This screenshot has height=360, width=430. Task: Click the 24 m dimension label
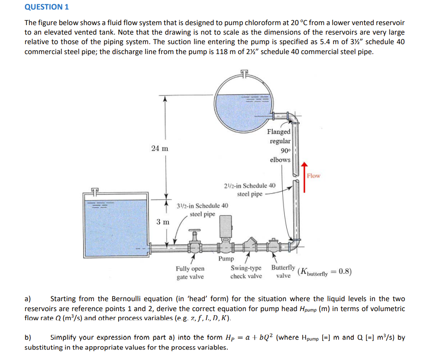pos(160,148)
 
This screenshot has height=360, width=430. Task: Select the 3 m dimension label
pos(163,222)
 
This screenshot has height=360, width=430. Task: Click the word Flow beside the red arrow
pos(314,176)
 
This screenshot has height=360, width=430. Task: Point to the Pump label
pos(226,259)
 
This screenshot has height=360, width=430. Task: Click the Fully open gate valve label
pos(190,273)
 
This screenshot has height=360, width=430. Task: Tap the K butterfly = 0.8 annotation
pos(325,272)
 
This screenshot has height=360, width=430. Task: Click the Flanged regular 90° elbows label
pos(279,145)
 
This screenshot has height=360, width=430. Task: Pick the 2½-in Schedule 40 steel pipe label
pos(250,190)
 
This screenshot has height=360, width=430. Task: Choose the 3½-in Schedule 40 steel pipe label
pos(203,209)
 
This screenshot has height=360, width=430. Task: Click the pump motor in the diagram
pos(226,227)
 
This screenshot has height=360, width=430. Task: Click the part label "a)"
pos(28,299)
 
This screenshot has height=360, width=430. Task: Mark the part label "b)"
pos(28,337)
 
